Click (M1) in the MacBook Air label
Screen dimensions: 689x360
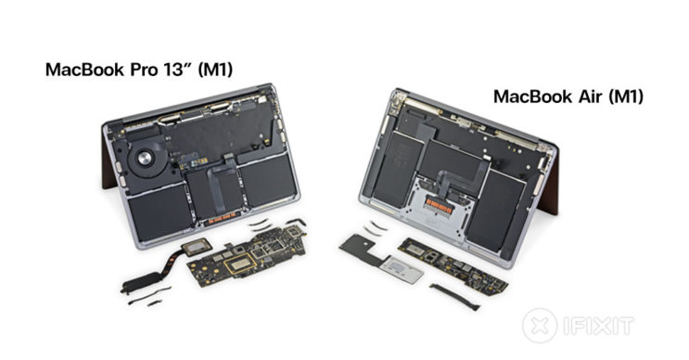(627, 96)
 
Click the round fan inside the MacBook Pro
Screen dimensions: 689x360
(145, 158)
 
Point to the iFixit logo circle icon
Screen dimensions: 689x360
(540, 326)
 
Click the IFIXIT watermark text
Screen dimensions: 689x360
(598, 327)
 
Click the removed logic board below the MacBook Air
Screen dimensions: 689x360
(453, 266)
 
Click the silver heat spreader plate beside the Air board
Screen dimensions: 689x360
(402, 269)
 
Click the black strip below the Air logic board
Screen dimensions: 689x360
(454, 297)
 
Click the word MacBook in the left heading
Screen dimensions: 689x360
(85, 70)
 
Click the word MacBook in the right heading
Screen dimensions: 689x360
(530, 96)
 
